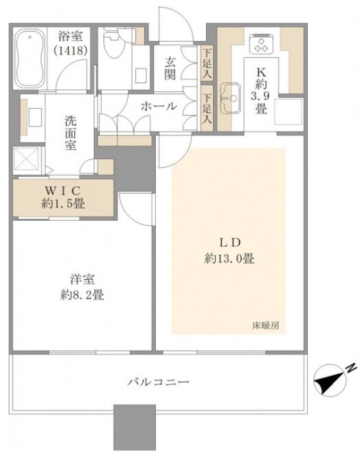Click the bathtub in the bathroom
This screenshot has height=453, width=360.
pyautogui.click(x=30, y=58)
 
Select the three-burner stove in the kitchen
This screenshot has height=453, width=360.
pyautogui.click(x=262, y=43)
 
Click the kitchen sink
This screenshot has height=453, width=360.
pyautogui.click(x=230, y=98)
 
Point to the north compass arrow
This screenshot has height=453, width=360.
pyautogui.click(x=331, y=379)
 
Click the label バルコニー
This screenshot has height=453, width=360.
pyautogui.click(x=159, y=382)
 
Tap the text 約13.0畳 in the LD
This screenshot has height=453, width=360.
pyautogui.click(x=229, y=258)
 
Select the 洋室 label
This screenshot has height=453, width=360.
pyautogui.click(x=82, y=280)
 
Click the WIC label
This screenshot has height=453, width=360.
pyautogui.click(x=63, y=190)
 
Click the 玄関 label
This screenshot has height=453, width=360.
pyautogui.click(x=170, y=69)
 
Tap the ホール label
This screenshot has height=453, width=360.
pyautogui.click(x=159, y=107)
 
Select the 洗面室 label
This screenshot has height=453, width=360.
pyautogui.click(x=71, y=133)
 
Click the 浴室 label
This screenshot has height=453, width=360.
pyautogui.click(x=70, y=36)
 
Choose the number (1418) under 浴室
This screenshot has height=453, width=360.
pyautogui.click(x=70, y=50)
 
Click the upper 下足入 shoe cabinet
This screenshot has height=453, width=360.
pyautogui.click(x=207, y=63)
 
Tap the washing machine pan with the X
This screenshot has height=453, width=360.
pyautogui.click(x=27, y=158)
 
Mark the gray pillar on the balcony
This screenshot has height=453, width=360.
pyautogui.click(x=135, y=428)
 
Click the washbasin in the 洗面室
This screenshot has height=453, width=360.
pyautogui.click(x=34, y=117)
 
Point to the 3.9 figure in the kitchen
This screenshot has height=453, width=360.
pyautogui.click(x=260, y=96)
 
